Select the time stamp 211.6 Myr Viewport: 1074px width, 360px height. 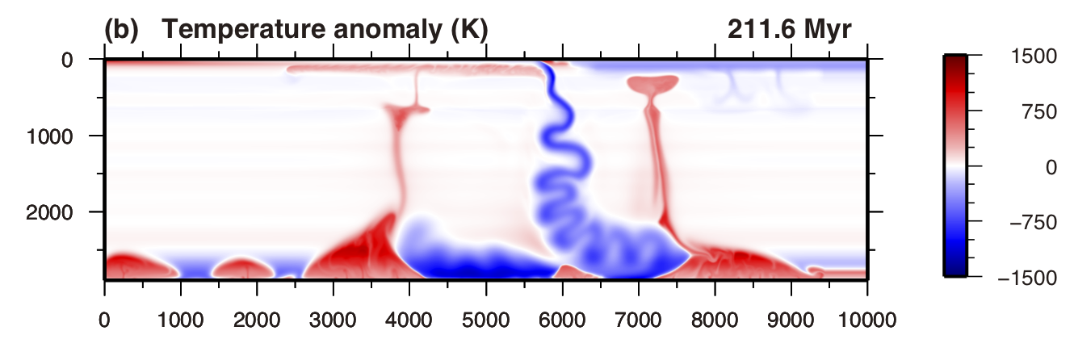pyautogui.click(x=789, y=30)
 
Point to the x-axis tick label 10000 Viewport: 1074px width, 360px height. pyautogui.click(x=867, y=320)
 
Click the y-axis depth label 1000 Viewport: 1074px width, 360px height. pyautogui.click(x=69, y=136)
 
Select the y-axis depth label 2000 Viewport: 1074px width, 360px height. pyautogui.click(x=69, y=212)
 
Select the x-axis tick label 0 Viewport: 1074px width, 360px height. pyautogui.click(x=104, y=320)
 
